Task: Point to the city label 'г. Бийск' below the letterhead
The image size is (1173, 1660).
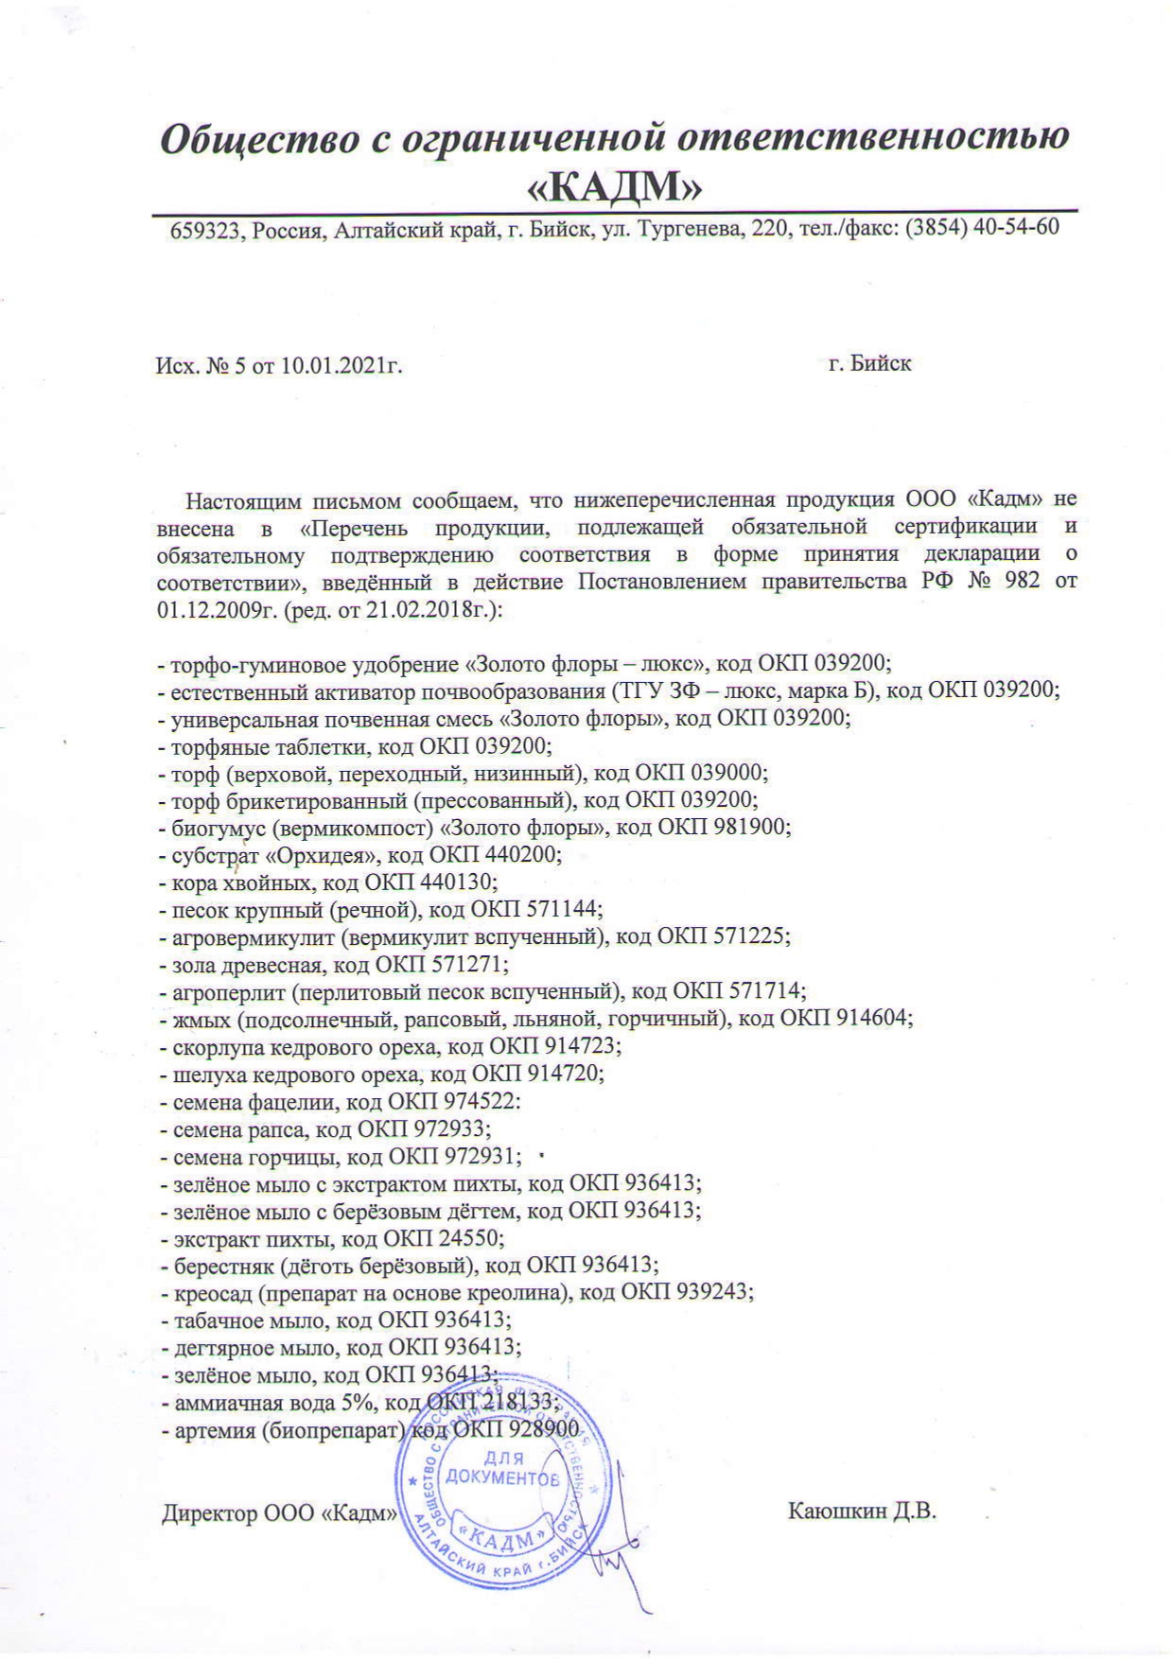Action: pos(869,363)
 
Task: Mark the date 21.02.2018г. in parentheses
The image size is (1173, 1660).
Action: pos(432,609)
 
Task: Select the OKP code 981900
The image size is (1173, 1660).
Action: pos(745,828)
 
